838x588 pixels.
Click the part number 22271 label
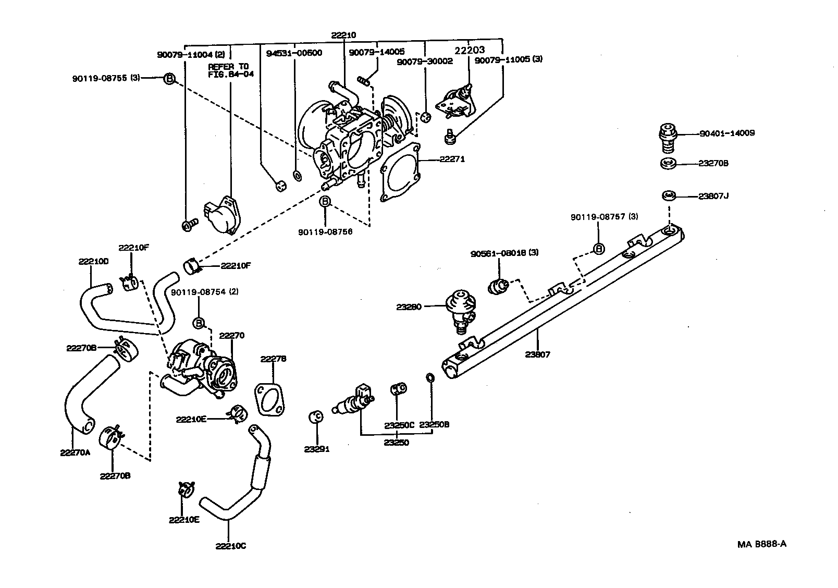tap(452, 160)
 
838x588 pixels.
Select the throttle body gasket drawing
tap(400, 172)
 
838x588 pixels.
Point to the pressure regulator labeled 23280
tap(459, 310)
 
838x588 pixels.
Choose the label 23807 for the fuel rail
tap(538, 354)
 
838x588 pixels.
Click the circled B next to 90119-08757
tap(599, 249)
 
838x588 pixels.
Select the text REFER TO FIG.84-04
tap(228, 71)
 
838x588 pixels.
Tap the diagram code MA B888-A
tap(761, 544)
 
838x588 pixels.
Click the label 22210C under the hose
tap(230, 546)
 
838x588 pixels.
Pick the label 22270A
tap(75, 452)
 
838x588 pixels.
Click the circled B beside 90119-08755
tap(169, 79)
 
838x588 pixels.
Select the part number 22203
tap(470, 51)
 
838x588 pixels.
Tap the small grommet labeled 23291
tap(316, 416)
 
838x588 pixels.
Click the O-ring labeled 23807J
tap(669, 196)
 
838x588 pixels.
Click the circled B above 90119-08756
tap(325, 202)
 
